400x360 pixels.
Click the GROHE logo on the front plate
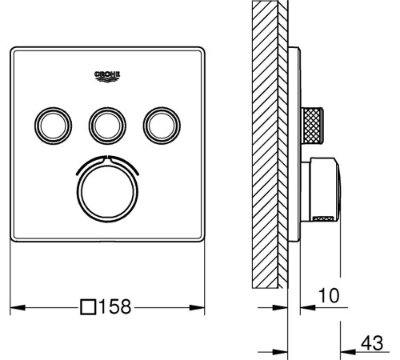pyautogui.click(x=107, y=76)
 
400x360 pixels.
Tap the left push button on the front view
pyautogui.click(x=53, y=126)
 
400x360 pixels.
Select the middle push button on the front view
pyautogui.click(x=107, y=126)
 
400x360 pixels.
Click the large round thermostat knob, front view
pyautogui.click(x=107, y=192)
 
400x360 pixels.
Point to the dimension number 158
pyautogui.click(x=115, y=306)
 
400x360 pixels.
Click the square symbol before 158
pyautogui.click(x=88, y=307)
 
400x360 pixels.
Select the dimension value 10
pyautogui.click(x=329, y=295)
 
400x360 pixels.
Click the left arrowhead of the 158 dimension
pyautogui.click(x=18, y=307)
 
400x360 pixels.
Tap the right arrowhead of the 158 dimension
pyautogui.click(x=197, y=307)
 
